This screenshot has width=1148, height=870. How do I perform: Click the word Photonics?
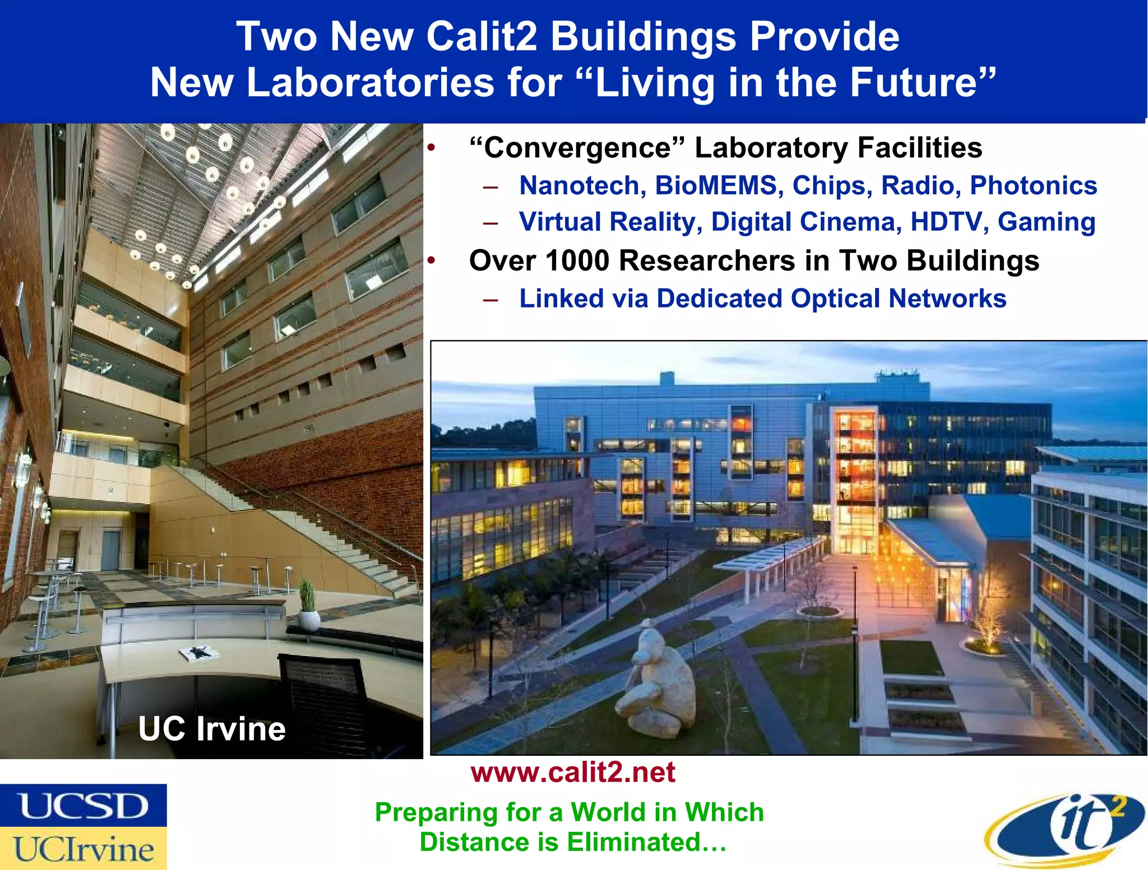point(1033,186)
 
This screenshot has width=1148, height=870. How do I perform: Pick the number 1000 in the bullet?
point(577,261)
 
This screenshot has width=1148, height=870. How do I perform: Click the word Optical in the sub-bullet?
point(835,299)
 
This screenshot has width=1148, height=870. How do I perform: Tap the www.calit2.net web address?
point(573,773)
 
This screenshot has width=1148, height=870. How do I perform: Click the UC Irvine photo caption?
point(212,729)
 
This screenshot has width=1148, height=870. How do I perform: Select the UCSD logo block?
point(83,806)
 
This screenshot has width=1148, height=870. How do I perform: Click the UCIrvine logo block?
point(83,849)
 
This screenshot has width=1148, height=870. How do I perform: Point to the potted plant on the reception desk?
point(308,605)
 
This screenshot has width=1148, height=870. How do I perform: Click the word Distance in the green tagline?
point(488,842)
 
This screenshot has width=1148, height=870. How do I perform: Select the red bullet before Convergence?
point(430,148)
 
